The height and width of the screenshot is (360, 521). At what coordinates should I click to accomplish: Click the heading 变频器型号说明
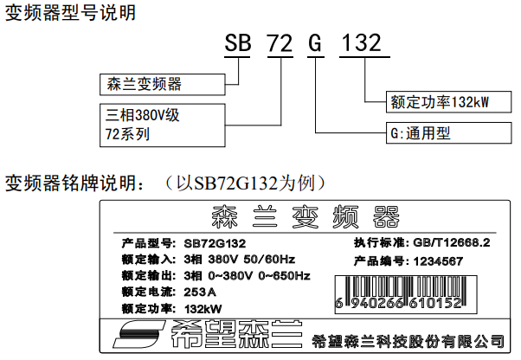[x=70, y=13]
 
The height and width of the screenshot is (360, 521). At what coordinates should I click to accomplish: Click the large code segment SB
[x=238, y=43]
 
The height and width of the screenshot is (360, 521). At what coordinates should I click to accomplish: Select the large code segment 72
[x=280, y=43]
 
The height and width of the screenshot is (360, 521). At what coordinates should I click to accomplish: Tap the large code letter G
[x=315, y=43]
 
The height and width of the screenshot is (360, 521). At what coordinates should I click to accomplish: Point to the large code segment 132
[x=362, y=43]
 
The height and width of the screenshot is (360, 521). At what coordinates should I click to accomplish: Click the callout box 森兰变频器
[x=163, y=85]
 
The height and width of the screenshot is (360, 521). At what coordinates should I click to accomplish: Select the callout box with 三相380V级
[x=163, y=125]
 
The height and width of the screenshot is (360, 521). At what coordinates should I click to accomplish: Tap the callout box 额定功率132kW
[x=448, y=102]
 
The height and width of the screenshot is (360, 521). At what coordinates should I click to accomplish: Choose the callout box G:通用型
[x=448, y=133]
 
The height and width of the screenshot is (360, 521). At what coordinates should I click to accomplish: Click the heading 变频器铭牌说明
[x=75, y=183]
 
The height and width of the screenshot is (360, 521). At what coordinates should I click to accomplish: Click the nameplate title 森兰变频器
[x=306, y=217]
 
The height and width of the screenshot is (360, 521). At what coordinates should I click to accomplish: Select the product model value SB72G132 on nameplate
[x=215, y=243]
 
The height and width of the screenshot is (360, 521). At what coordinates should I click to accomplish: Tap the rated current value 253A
[x=200, y=292]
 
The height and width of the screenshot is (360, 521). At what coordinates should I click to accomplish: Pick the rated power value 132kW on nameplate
[x=203, y=309]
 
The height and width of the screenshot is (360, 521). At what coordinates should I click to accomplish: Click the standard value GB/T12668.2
[x=452, y=243]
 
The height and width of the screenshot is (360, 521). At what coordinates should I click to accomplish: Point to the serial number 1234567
[x=438, y=261]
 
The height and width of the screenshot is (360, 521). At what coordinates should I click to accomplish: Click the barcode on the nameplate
[x=406, y=294]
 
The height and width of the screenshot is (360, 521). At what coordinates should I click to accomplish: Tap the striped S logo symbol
[x=139, y=334]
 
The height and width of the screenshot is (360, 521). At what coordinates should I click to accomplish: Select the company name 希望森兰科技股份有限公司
[x=408, y=341]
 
